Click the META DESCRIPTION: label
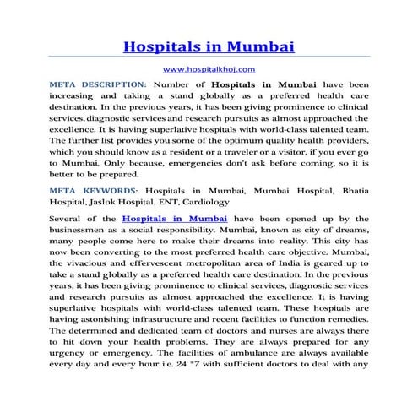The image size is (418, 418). coord(99,85)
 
